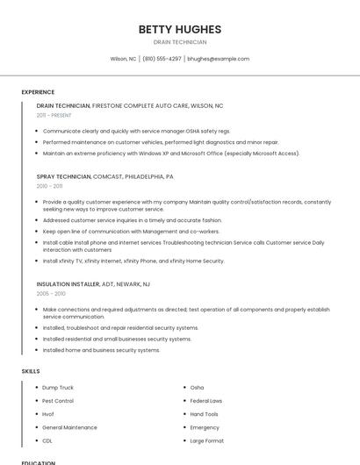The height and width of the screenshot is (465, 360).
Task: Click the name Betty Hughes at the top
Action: [179, 29]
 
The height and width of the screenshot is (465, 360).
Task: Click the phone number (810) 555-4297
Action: [162, 59]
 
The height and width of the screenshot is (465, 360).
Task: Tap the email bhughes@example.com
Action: [219, 59]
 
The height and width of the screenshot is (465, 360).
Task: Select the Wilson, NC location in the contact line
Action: [123, 59]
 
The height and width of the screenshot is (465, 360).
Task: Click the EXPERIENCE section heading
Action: [38, 91]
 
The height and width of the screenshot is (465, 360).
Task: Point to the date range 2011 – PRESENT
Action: [54, 115]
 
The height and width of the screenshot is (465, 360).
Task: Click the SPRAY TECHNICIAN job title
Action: [64, 176]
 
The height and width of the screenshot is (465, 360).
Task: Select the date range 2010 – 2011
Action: [49, 186]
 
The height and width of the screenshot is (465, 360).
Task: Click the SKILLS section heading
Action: [31, 371]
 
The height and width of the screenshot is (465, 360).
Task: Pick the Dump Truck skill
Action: [58, 387]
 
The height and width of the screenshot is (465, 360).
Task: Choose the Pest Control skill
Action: [58, 401]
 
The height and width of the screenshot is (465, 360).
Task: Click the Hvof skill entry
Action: [48, 414]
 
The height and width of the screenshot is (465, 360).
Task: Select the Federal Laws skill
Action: [206, 401]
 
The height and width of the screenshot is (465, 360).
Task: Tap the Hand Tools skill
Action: [205, 414]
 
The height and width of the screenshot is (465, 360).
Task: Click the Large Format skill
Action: [207, 440]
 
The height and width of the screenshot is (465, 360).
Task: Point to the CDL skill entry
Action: [47, 440]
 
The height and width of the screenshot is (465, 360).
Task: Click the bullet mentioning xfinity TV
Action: [133, 261]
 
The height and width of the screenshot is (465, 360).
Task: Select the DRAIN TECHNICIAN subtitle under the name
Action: [179, 42]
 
